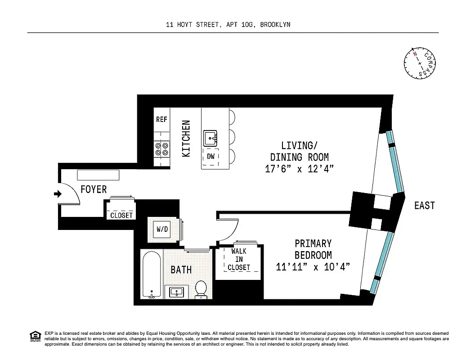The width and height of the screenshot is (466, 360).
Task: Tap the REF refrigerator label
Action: [161, 119]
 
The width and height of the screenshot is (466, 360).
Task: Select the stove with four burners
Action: [161, 149]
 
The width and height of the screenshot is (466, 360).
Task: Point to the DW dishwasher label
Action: [211, 157]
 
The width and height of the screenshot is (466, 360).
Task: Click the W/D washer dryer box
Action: [162, 229]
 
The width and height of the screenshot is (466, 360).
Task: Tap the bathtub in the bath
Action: [151, 274]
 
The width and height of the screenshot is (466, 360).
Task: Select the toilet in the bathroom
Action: [201, 289]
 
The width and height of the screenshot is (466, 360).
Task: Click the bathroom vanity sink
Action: [176, 292]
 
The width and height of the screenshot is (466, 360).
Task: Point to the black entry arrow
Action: [57, 194]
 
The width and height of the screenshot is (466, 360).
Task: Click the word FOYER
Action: [94, 189]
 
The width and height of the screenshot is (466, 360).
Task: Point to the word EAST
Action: [424, 206]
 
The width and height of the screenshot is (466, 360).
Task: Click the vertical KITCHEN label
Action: [186, 138]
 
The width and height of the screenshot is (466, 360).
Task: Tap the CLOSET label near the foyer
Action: [121, 215]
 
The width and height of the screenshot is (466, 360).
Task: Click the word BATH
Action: [181, 270]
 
